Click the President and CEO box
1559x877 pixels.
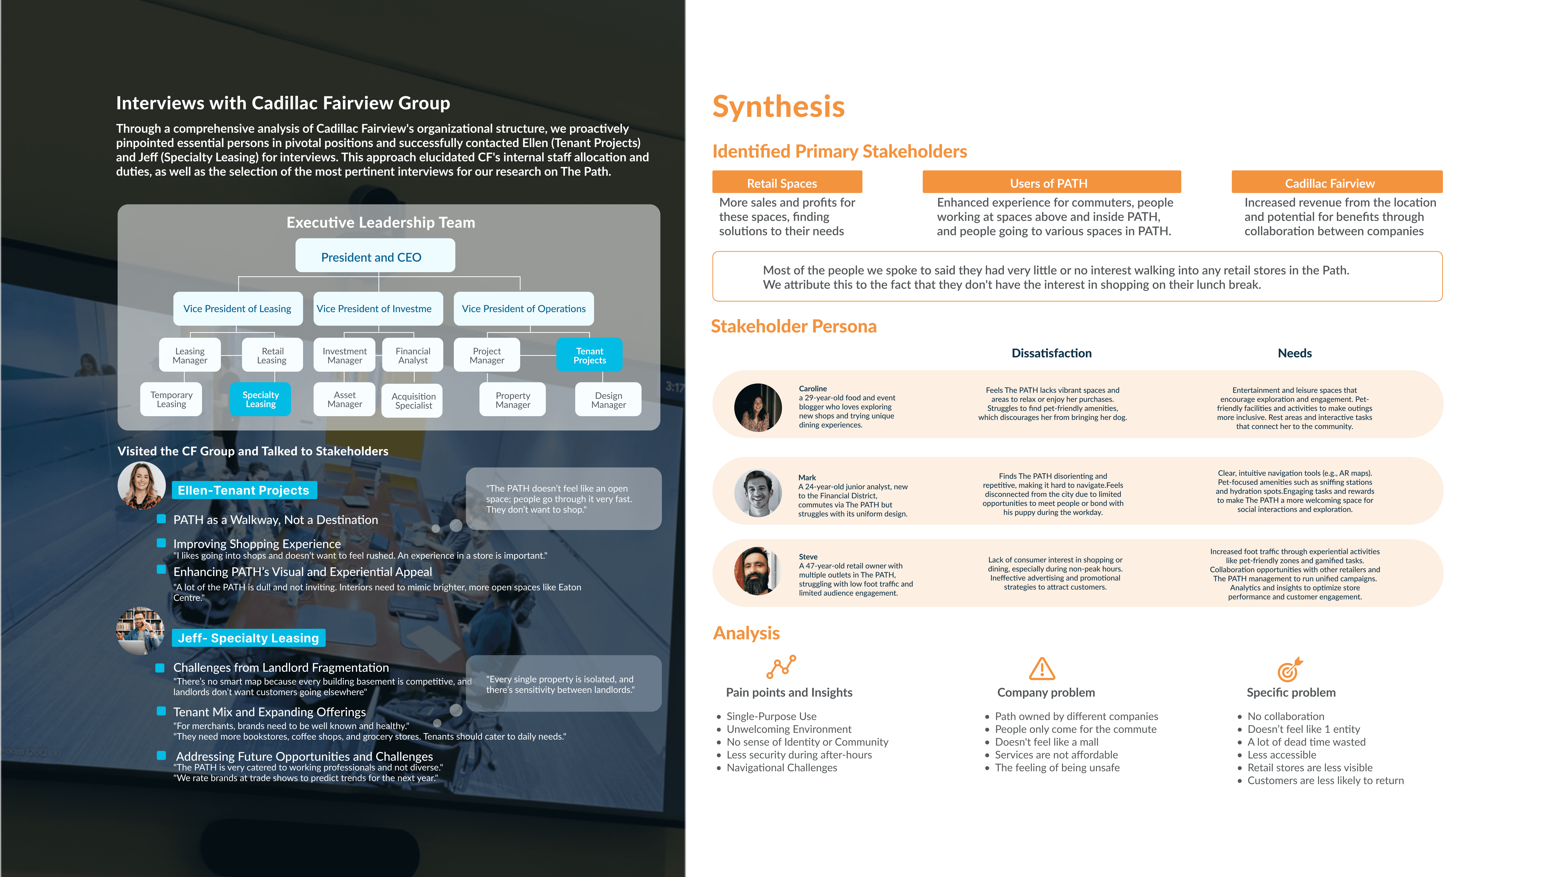click(x=375, y=257)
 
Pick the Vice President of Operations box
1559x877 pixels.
click(x=524, y=309)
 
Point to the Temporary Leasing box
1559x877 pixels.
click(x=171, y=399)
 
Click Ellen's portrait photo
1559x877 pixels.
click(x=142, y=485)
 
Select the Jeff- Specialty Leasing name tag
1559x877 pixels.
click(x=248, y=638)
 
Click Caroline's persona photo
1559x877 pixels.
click(x=758, y=407)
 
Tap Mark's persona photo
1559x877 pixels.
click(x=758, y=493)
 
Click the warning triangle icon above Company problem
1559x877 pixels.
click(x=1041, y=669)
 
